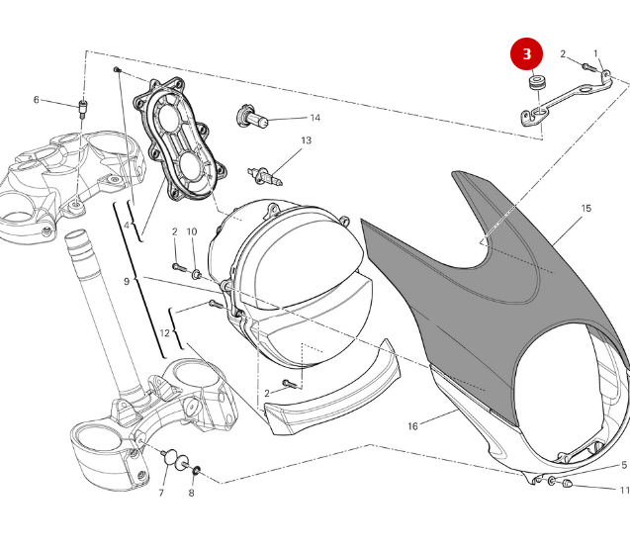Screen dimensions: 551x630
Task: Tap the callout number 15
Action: (585, 209)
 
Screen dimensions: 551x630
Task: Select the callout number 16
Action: (413, 426)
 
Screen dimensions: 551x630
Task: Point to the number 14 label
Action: (315, 118)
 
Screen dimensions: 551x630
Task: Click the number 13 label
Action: (306, 141)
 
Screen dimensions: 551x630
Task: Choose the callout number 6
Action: (37, 100)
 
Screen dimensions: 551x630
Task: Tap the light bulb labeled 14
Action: (254, 118)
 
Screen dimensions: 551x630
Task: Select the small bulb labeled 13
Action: (267, 176)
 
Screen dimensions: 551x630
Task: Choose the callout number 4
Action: (127, 226)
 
